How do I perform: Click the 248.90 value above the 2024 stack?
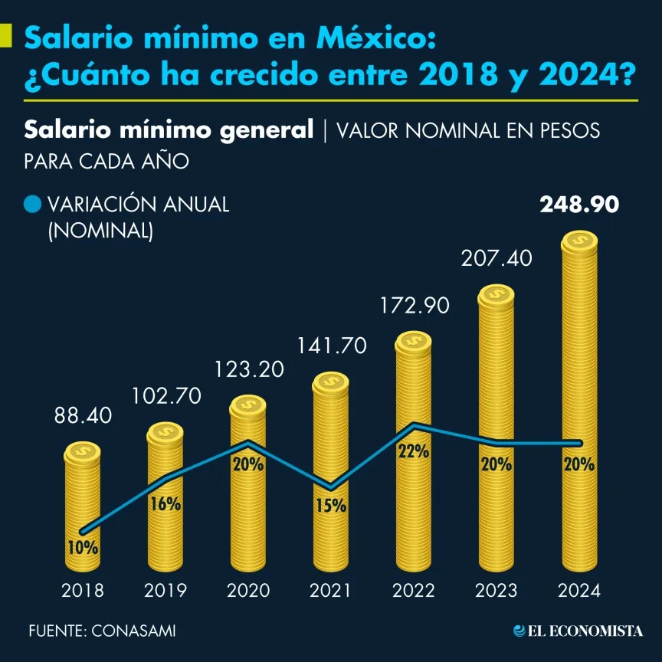click(x=579, y=205)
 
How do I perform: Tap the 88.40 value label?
click(x=83, y=416)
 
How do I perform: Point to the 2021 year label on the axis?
click(x=330, y=591)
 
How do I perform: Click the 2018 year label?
click(x=83, y=591)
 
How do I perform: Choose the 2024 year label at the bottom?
click(x=579, y=591)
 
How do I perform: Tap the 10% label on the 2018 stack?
click(x=82, y=548)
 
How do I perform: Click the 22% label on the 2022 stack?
click(x=413, y=451)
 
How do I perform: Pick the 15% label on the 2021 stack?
click(x=330, y=506)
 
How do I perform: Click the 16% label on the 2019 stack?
click(x=165, y=503)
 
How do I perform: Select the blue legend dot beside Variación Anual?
click(x=32, y=205)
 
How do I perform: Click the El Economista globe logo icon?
click(x=519, y=631)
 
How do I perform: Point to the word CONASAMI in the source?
click(x=133, y=631)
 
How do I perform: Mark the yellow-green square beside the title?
click(x=5, y=36)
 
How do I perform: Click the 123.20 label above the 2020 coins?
click(x=248, y=369)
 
